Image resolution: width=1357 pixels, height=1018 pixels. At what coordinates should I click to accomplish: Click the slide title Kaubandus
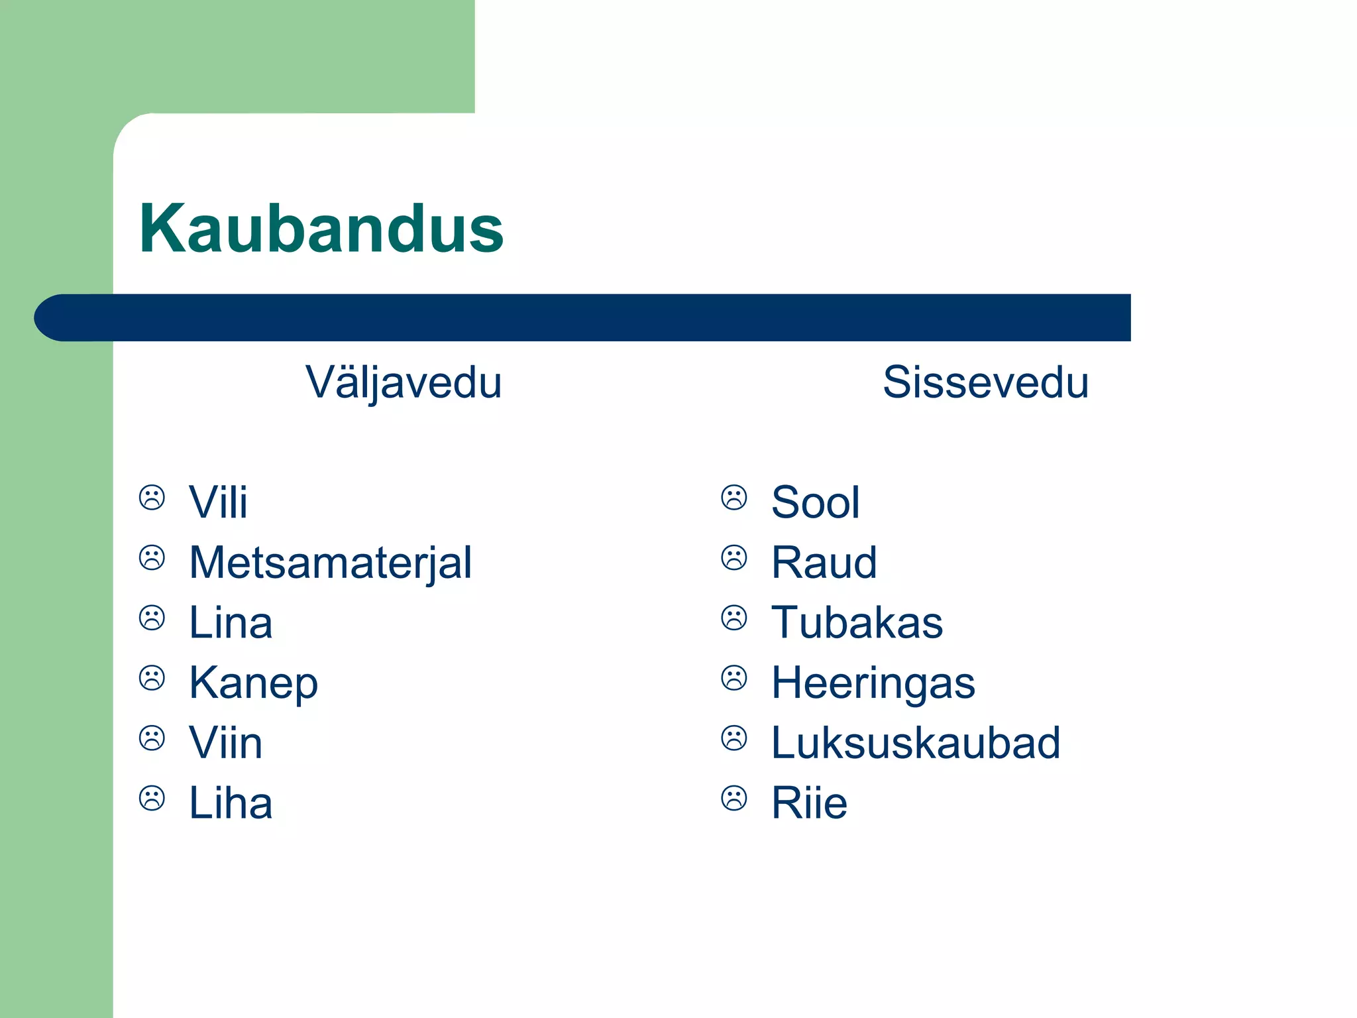pos(321,229)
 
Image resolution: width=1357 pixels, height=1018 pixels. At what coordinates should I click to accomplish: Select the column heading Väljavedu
pos(404,382)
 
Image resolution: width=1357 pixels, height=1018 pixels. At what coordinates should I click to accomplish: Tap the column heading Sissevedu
pos(985,382)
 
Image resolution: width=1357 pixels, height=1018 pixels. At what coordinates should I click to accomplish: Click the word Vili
pos(218,502)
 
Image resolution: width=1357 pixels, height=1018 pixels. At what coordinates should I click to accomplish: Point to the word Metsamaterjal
pos(330,563)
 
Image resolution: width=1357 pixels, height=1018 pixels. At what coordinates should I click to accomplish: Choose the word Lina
pos(231,622)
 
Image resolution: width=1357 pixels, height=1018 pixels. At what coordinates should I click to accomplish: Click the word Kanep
pos(253,683)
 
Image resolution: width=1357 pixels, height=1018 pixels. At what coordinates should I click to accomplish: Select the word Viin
pos(225,742)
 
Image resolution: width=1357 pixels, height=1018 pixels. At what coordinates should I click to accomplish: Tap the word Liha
pos(231,803)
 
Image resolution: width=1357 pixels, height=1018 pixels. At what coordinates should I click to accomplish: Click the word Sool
pos(816,502)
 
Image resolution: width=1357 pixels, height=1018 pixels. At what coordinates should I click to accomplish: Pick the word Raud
pos(824,563)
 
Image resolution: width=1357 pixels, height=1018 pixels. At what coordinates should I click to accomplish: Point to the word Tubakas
pos(857,622)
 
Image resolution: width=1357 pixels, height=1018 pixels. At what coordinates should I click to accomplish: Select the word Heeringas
pos(873,683)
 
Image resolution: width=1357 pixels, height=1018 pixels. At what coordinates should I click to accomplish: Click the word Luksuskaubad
pos(916,742)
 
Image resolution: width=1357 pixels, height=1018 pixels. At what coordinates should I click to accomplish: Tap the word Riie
pos(809,803)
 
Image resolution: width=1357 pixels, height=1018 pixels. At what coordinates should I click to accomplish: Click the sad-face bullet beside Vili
pos(152,498)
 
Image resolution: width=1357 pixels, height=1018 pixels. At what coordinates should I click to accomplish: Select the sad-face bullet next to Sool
pos(734,498)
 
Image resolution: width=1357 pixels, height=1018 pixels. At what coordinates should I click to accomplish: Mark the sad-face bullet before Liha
pos(152,799)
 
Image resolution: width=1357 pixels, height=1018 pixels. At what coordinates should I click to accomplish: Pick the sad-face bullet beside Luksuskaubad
pos(734,738)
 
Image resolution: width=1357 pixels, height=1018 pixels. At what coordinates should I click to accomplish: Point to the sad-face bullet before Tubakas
pos(734,618)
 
